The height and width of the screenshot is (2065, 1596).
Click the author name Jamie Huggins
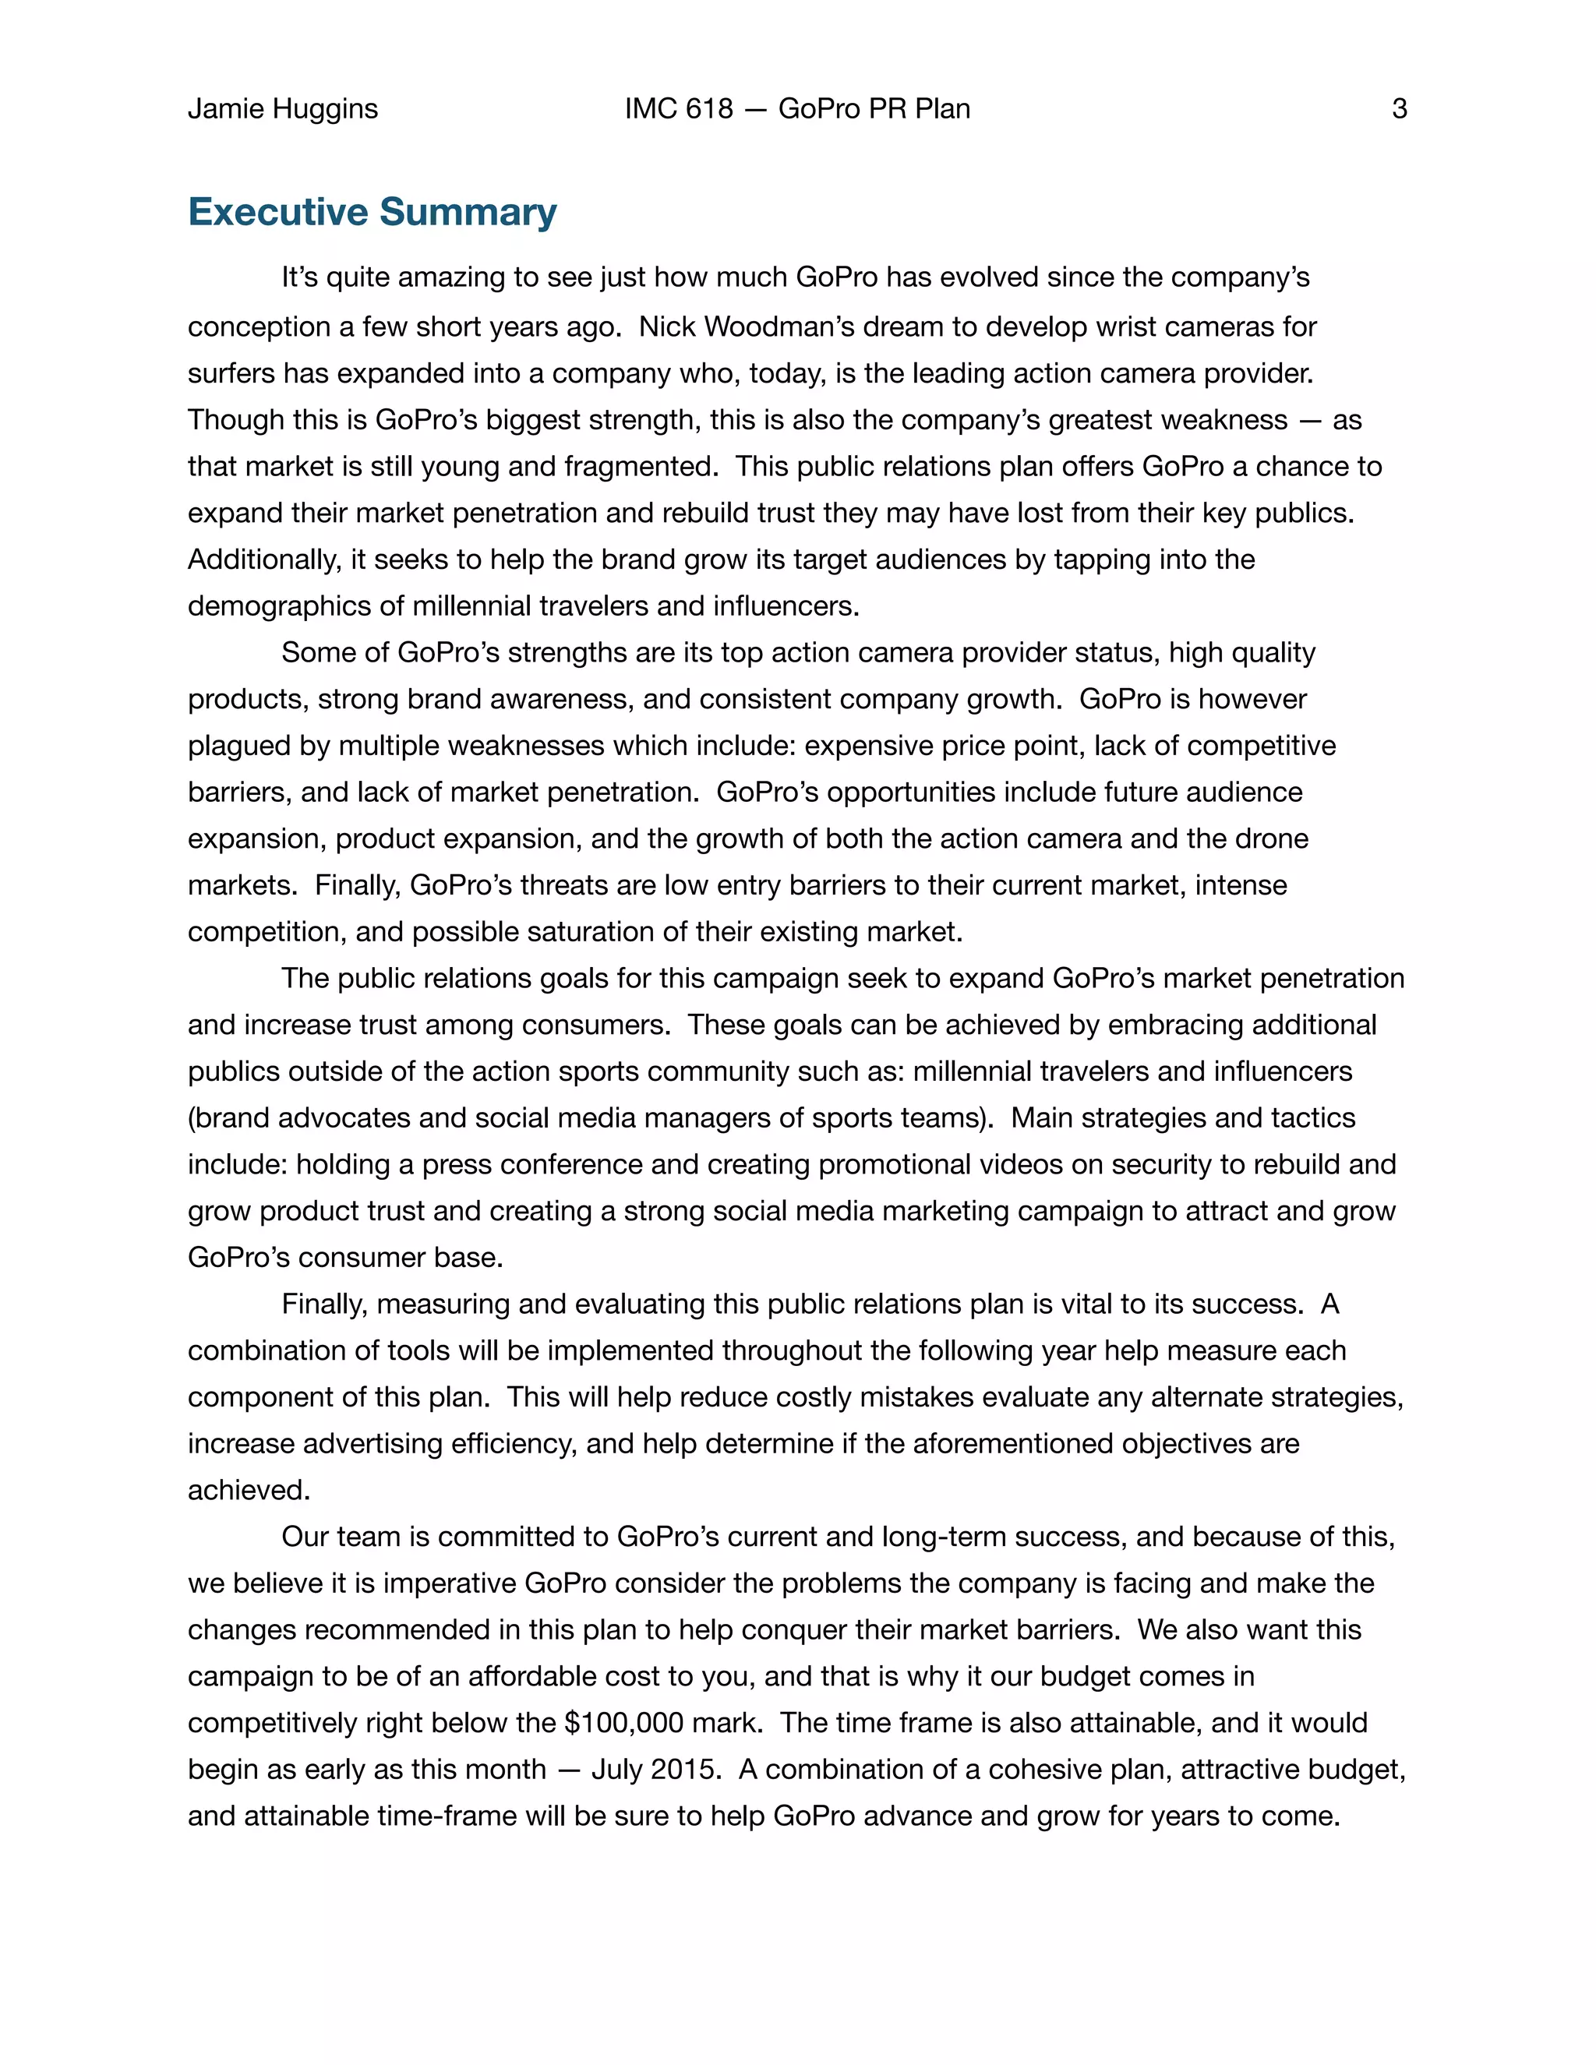282,109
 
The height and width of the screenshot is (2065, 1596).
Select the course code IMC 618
678,109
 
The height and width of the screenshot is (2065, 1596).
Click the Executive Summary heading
373,212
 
